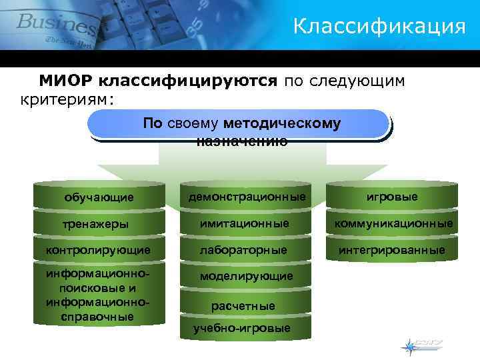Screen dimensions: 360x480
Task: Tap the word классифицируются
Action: click(x=187, y=81)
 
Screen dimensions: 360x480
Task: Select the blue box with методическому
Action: click(x=238, y=125)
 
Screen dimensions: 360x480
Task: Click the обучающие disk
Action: click(x=99, y=197)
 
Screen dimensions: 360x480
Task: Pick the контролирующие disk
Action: click(x=98, y=250)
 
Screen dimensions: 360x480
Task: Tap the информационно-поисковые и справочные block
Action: click(x=97, y=295)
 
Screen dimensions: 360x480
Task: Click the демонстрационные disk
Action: click(x=247, y=197)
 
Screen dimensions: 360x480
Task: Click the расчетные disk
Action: click(x=243, y=305)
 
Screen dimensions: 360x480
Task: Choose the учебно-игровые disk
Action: click(x=241, y=329)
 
